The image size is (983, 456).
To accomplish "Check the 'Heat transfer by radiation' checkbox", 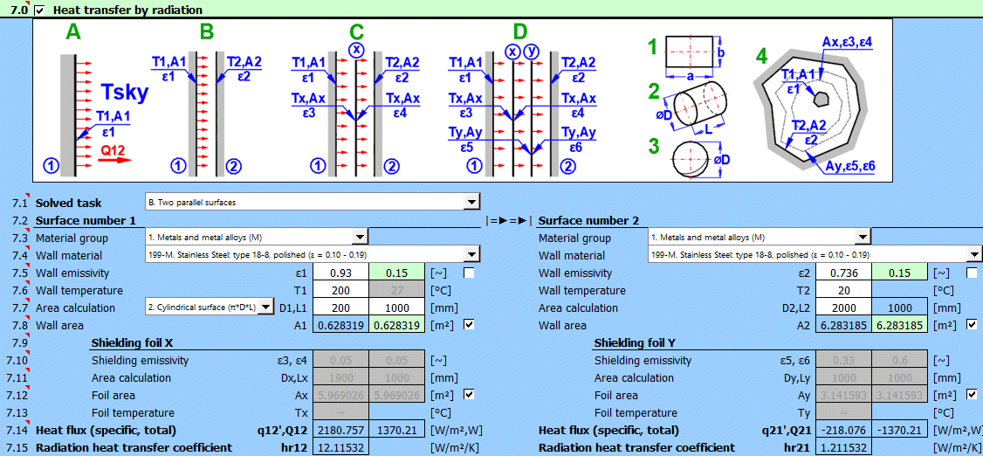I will [38, 10].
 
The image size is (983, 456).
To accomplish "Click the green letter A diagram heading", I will [73, 32].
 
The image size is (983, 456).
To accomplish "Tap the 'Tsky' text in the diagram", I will [126, 93].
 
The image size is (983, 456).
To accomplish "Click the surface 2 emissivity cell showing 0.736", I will [844, 273].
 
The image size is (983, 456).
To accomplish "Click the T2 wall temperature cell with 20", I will [844, 291].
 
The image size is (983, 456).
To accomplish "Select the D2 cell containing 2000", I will [844, 308].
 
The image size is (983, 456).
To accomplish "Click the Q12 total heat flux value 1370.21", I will [397, 431].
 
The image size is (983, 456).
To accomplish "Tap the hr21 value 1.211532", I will [844, 448].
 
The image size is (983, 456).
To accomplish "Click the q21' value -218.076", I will [844, 431].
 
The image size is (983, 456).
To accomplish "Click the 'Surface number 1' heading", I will [86, 221].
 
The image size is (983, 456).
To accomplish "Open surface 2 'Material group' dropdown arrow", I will [863, 238].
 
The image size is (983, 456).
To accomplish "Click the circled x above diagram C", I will [356, 51].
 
